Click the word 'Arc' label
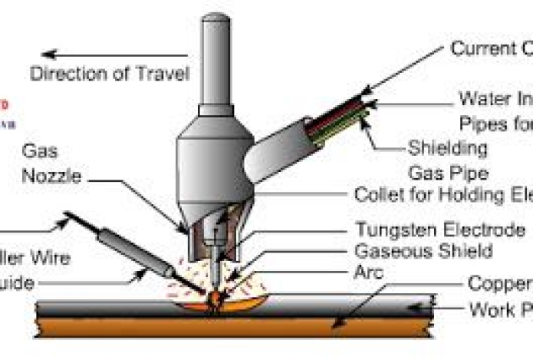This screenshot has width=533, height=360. [x=370, y=271]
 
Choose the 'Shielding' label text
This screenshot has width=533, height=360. [x=448, y=147]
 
